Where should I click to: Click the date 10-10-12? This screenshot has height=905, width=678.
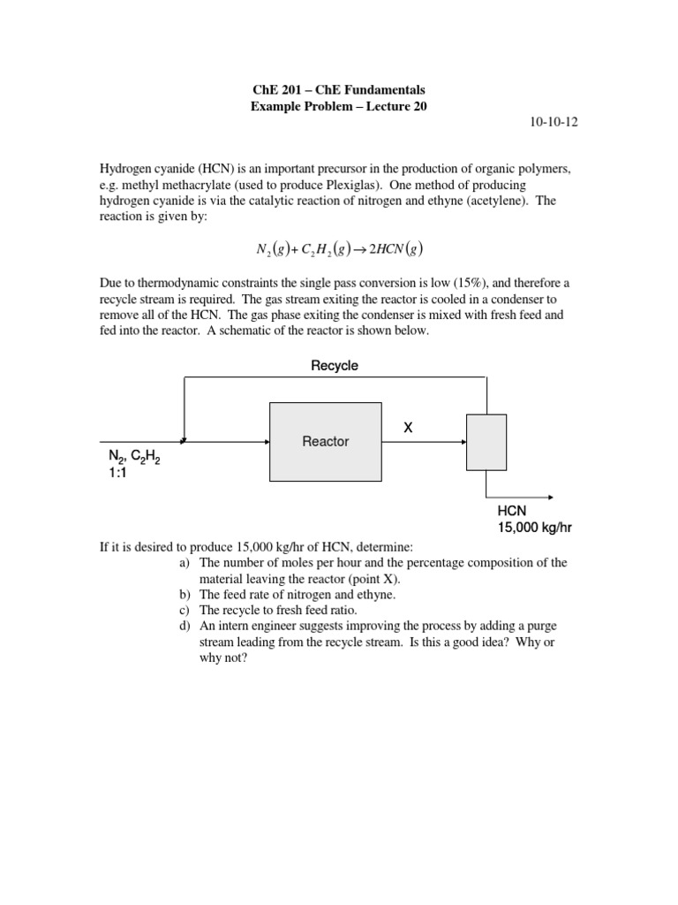[554, 123]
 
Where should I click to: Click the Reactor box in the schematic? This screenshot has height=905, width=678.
[326, 441]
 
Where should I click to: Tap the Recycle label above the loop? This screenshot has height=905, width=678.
[335, 365]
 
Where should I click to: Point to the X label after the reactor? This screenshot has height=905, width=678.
[408, 428]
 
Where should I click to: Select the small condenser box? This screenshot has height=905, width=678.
[486, 441]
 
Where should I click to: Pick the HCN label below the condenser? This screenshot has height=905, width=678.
[513, 512]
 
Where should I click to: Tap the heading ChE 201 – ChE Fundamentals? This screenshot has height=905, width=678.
[339, 90]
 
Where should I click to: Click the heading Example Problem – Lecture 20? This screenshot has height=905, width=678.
[339, 106]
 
